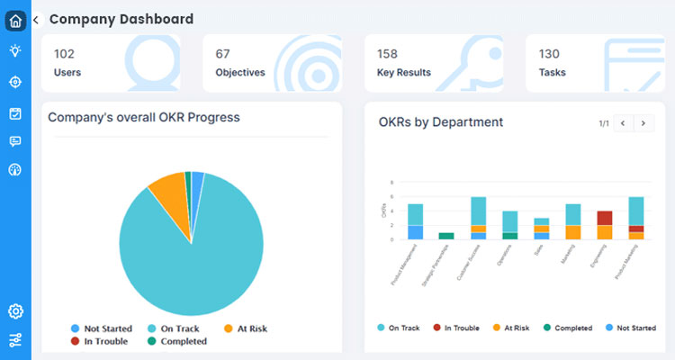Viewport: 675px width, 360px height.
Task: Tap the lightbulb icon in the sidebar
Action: click(15, 51)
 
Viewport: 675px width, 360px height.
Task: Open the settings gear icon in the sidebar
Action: click(15, 311)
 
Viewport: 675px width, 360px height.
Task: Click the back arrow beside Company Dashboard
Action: click(36, 19)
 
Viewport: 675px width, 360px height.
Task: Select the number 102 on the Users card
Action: click(64, 54)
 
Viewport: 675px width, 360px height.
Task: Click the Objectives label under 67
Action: click(240, 72)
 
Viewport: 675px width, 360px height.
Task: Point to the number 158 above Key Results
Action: click(388, 54)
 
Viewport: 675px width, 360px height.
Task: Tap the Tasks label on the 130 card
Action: click(553, 72)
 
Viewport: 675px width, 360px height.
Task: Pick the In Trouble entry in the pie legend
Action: click(104, 341)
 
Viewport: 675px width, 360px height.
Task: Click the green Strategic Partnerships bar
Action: click(446, 236)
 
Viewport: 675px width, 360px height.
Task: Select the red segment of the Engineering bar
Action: click(605, 218)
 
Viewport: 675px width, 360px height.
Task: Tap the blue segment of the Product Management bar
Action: click(415, 232)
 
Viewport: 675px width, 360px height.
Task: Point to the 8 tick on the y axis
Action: click(392, 183)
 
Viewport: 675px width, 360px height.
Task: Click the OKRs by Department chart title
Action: click(440, 122)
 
